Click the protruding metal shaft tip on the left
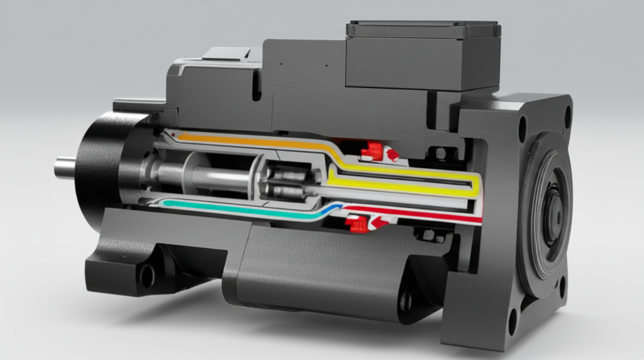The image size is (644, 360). tap(64, 167)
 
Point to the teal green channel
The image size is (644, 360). tap(239, 210)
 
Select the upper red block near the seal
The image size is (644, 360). tap(372, 150)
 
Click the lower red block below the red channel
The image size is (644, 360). tap(357, 224)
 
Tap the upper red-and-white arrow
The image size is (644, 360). tap(392, 154)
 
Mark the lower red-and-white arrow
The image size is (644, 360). tap(380, 221)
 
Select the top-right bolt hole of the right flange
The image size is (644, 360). tap(567, 116)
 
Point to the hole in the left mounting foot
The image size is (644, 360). tap(147, 275)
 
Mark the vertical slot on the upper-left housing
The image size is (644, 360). tap(257, 87)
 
